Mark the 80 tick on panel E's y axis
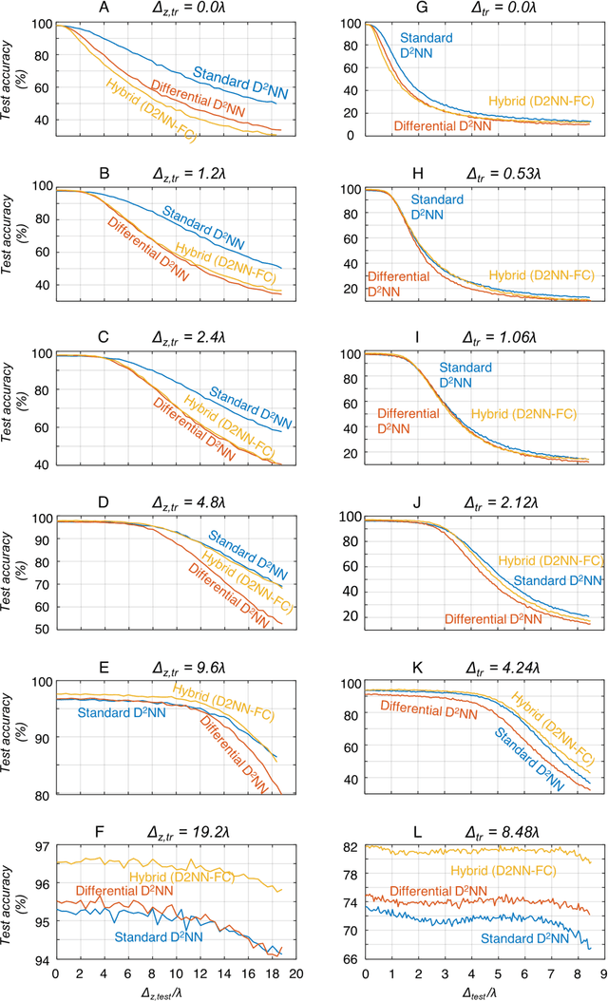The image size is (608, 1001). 43,795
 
